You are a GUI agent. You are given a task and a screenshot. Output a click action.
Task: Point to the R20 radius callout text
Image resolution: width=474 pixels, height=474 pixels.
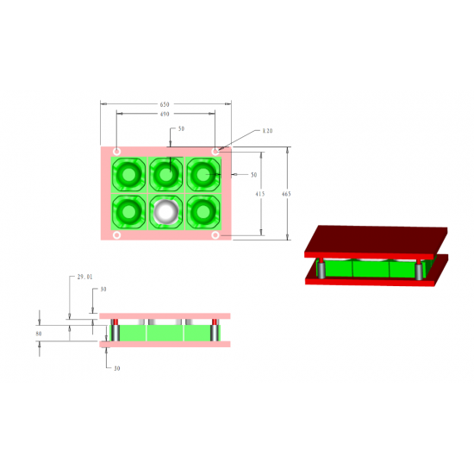[267, 132]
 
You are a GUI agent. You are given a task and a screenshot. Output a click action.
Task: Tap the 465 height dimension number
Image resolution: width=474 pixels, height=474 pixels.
[286, 194]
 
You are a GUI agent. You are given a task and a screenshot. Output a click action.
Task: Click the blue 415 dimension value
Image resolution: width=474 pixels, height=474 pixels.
[259, 195]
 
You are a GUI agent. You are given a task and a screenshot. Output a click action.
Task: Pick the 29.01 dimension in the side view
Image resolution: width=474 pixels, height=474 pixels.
[84, 277]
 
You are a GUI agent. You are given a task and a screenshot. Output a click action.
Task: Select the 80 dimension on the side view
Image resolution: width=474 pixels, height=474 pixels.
[38, 332]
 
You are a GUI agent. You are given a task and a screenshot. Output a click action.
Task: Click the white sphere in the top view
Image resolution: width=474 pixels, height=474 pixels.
[165, 210]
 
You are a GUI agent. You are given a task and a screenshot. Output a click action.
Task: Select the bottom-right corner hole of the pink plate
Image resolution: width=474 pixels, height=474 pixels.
[215, 235]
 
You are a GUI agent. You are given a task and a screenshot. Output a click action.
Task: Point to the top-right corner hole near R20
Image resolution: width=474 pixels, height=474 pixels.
[215, 152]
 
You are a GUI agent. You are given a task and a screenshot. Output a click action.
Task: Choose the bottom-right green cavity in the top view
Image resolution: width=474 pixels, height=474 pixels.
[203, 210]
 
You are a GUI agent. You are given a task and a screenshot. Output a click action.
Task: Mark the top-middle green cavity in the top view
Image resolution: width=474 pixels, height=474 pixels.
[165, 175]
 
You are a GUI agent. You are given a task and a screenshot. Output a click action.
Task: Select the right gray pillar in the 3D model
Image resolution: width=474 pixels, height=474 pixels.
[419, 271]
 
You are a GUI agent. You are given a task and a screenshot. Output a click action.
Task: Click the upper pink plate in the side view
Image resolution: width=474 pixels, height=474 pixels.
[164, 316]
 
